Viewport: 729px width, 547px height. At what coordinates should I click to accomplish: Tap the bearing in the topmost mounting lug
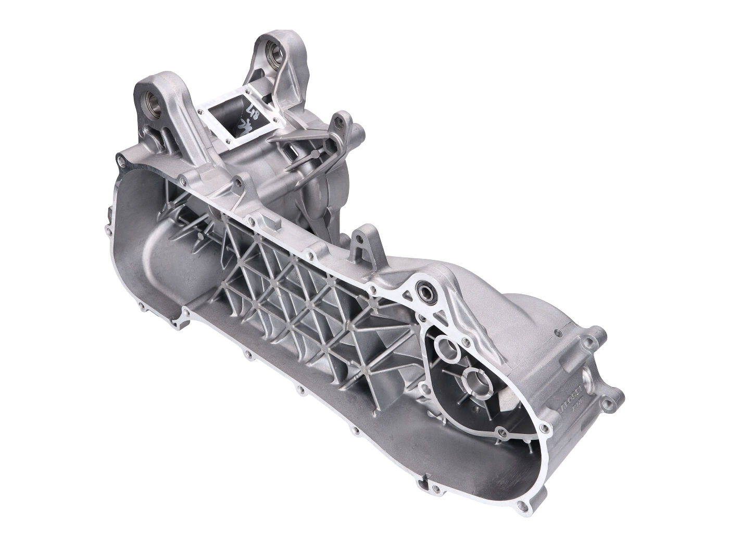click(x=272, y=54)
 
